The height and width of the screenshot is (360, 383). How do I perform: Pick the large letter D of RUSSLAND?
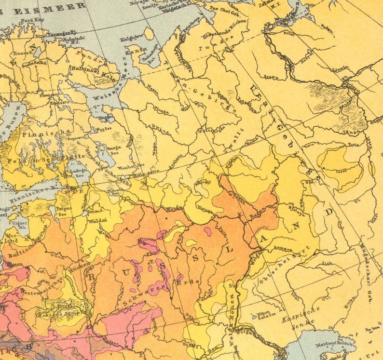click(x=329, y=212)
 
